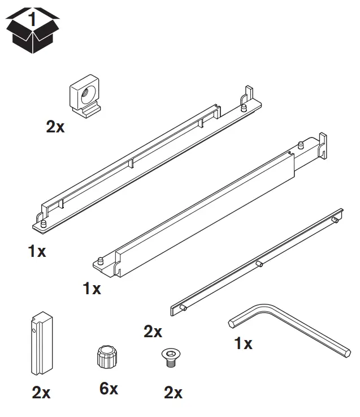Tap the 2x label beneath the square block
(55, 127)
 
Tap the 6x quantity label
(109, 389)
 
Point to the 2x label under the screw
(173, 393)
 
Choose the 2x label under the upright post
(41, 393)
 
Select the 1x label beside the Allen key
(243, 343)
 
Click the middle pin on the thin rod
(258, 263)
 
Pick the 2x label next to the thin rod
(153, 332)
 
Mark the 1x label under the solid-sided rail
(92, 289)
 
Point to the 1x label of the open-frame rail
(37, 251)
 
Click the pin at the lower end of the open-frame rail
(40, 218)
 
